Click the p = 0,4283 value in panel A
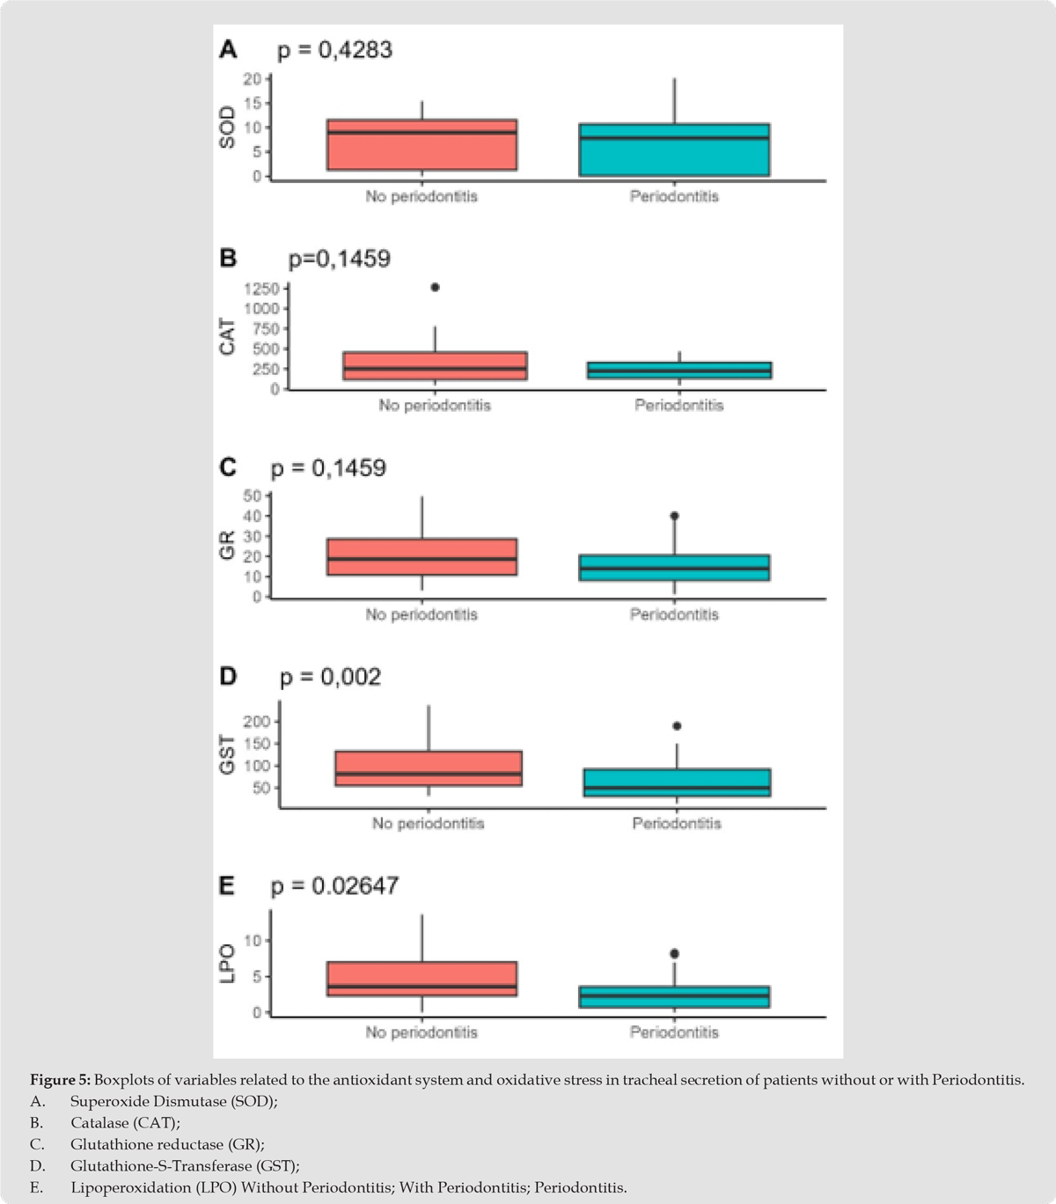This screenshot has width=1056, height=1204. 334,51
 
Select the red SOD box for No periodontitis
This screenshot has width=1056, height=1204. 422,144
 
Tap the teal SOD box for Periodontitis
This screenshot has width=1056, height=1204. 674,150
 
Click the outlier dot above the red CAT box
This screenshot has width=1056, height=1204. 435,287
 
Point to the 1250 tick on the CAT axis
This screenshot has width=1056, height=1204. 261,289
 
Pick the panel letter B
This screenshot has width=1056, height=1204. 228,259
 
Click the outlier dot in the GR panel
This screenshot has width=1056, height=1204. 674,516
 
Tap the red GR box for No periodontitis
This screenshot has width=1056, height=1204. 422,556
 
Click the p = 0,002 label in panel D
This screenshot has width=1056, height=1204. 330,678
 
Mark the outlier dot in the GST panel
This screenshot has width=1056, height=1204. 677,726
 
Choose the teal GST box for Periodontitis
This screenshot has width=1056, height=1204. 677,782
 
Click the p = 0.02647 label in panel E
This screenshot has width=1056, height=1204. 334,886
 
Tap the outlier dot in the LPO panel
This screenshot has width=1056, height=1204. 674,953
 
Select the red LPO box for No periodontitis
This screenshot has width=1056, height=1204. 422,979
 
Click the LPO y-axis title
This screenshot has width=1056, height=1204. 228,964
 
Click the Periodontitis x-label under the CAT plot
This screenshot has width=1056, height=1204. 678,406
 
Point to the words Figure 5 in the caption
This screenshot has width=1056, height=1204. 59,1080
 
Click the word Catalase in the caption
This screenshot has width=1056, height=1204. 98,1123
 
